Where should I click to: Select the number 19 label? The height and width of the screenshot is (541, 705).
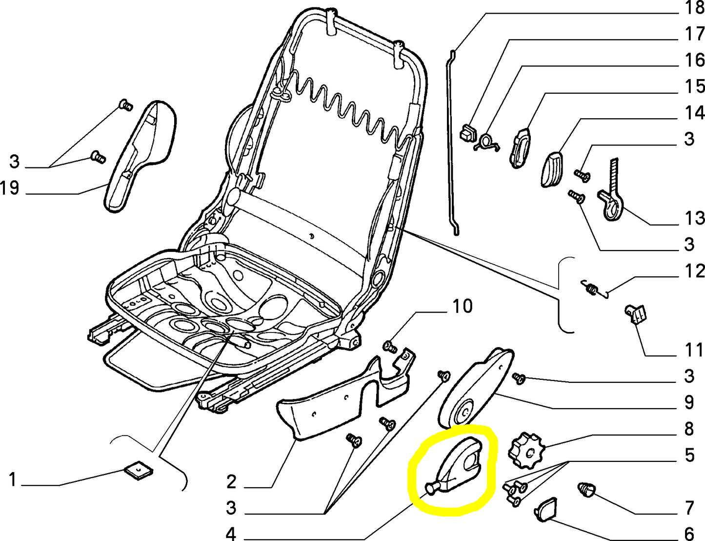10,187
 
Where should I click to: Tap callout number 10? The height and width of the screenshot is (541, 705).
462,307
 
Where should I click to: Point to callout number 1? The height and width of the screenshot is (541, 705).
13,479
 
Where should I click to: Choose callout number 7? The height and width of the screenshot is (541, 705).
689,508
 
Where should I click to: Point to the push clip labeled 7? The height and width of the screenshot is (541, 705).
586,489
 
